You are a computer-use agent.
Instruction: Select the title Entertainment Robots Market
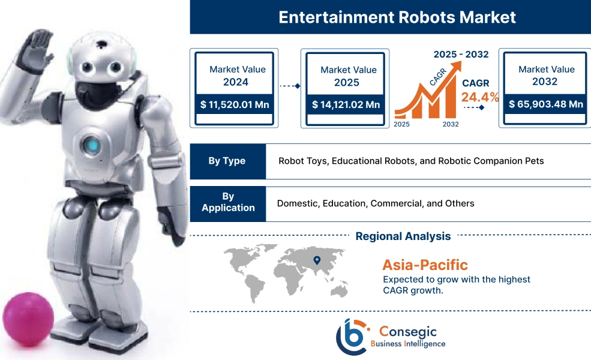point(397,17)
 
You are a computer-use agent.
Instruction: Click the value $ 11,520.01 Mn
point(235,104)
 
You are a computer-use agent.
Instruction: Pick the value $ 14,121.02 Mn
point(346,104)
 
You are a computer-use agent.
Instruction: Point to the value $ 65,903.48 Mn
point(545,104)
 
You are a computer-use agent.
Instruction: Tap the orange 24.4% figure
point(479,97)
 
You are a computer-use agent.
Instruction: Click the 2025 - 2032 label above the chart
point(460,54)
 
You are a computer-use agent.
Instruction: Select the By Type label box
point(227,161)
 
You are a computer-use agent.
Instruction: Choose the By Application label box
point(228,202)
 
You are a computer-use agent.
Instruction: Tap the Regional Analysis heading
point(403,236)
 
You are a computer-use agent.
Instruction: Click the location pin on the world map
point(316,260)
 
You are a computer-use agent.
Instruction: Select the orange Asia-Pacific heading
point(424,264)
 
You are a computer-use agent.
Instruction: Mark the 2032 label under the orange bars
point(450,124)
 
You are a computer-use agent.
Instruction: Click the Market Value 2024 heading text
point(237,76)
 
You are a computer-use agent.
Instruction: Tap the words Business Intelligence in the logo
point(408,344)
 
